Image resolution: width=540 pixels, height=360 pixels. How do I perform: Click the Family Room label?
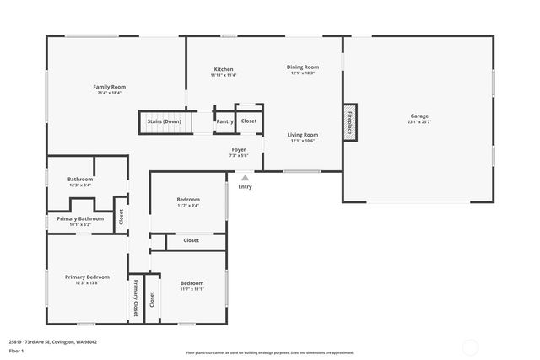tap(109, 87)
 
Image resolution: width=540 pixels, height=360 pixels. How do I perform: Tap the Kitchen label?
tap(224, 69)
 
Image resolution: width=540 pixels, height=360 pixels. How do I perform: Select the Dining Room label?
tap(303, 67)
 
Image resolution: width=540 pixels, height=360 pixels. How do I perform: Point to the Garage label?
tap(419, 116)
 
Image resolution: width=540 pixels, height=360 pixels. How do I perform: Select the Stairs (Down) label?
tap(164, 121)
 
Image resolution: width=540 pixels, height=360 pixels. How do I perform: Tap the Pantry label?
tap(224, 121)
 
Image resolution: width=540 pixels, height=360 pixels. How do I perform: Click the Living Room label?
tap(303, 135)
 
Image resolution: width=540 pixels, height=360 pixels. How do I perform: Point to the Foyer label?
tap(239, 149)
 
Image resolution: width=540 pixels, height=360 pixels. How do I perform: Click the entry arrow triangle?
tap(245, 178)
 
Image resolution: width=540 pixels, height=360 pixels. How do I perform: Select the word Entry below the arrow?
tap(245, 186)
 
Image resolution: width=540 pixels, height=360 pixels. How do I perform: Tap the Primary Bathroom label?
tap(80, 218)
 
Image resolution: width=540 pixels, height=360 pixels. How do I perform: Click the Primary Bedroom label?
tap(88, 277)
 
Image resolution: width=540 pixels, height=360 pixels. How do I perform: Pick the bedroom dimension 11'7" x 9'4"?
tap(188, 205)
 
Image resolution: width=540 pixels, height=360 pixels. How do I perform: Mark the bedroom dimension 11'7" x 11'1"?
tap(192, 289)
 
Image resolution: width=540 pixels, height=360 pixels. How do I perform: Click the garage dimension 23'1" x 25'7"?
tap(419, 121)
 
